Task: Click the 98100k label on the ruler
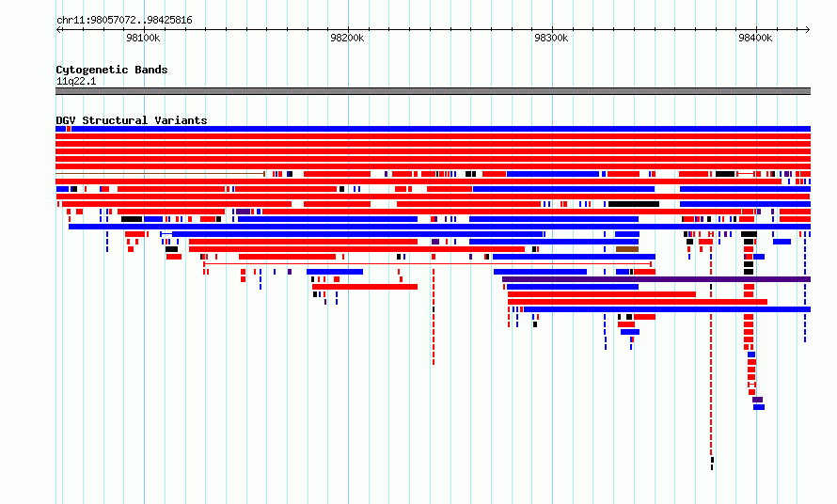point(143,38)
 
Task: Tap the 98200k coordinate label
point(347,38)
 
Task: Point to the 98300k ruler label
point(551,38)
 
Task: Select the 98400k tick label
point(755,38)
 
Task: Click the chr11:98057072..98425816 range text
point(124,21)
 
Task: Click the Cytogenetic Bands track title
point(112,70)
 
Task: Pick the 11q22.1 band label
point(76,81)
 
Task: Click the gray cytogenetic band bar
point(433,91)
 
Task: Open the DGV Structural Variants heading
point(132,120)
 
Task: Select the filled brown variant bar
point(627,249)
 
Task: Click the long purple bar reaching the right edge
point(656,279)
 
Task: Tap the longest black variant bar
point(634,204)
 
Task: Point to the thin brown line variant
point(160,174)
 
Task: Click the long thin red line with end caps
point(428,263)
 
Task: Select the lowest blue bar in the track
point(759,407)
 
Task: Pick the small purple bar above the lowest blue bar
point(757,400)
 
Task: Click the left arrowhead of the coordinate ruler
point(58,30)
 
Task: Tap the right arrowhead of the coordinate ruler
point(808,30)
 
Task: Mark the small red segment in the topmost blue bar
point(69,129)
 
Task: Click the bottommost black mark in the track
point(712,467)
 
